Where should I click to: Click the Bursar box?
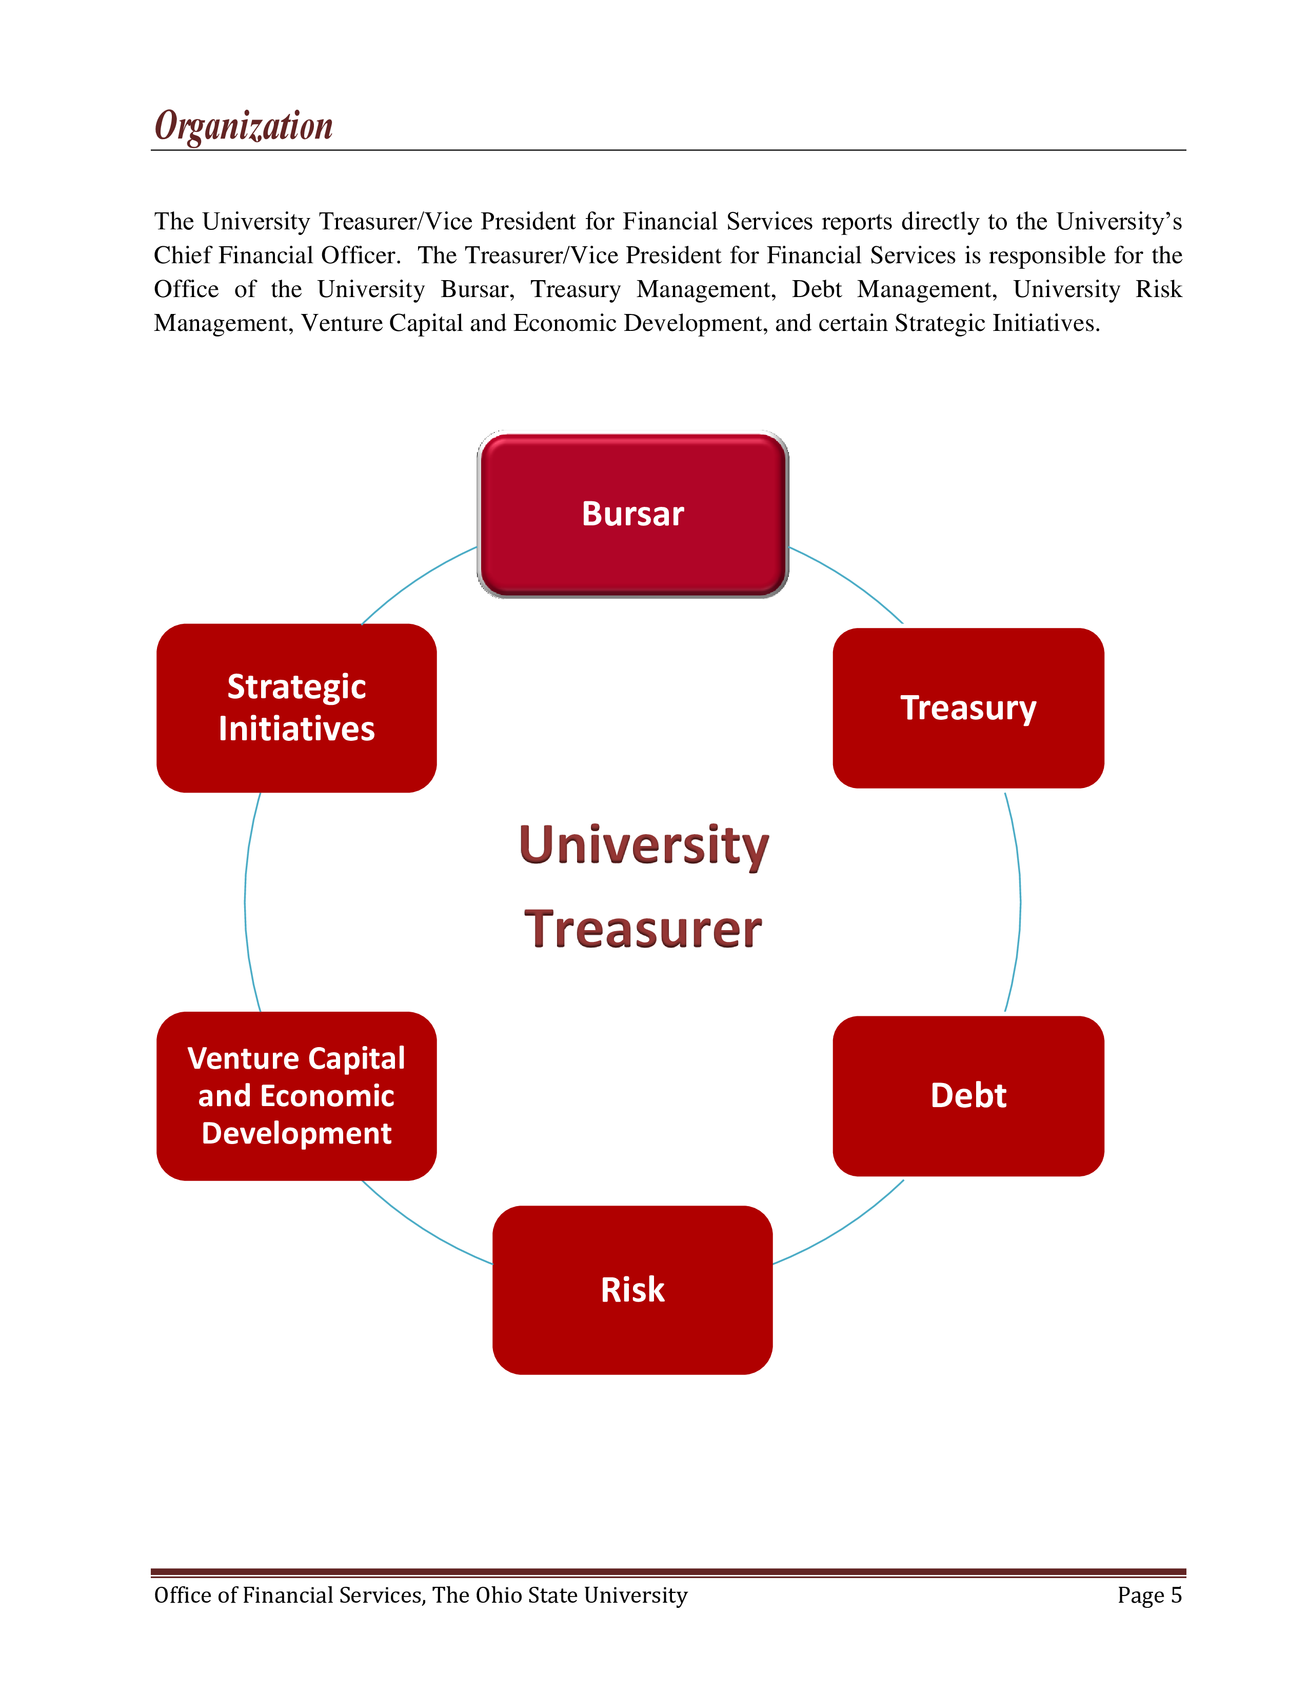click(x=632, y=515)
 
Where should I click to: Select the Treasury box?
click(x=968, y=708)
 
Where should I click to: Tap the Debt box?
click(x=968, y=1095)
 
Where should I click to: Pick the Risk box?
click(x=632, y=1290)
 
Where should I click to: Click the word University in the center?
click(x=643, y=845)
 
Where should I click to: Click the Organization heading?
click(x=243, y=126)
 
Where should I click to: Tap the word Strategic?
click(x=297, y=687)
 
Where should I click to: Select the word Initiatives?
click(x=297, y=729)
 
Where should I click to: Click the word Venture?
click(x=243, y=1058)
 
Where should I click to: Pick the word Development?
click(x=297, y=1133)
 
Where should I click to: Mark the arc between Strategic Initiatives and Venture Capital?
click(x=246, y=901)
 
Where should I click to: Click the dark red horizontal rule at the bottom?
click(x=668, y=1572)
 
